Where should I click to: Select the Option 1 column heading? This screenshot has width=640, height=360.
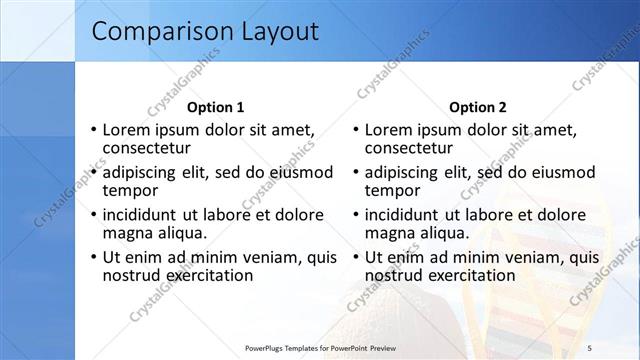tap(215, 107)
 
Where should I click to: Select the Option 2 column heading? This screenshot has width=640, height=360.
tap(478, 107)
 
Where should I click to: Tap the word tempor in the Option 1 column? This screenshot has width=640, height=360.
tap(129, 190)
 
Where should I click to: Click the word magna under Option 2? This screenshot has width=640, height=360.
tap(389, 232)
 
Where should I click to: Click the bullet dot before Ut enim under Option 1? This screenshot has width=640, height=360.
tap(93, 257)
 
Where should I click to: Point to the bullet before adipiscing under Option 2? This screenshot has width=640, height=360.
tap(355, 172)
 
